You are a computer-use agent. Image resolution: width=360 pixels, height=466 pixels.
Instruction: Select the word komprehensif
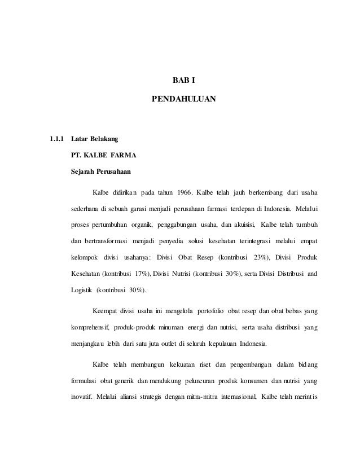pos(90,328)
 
